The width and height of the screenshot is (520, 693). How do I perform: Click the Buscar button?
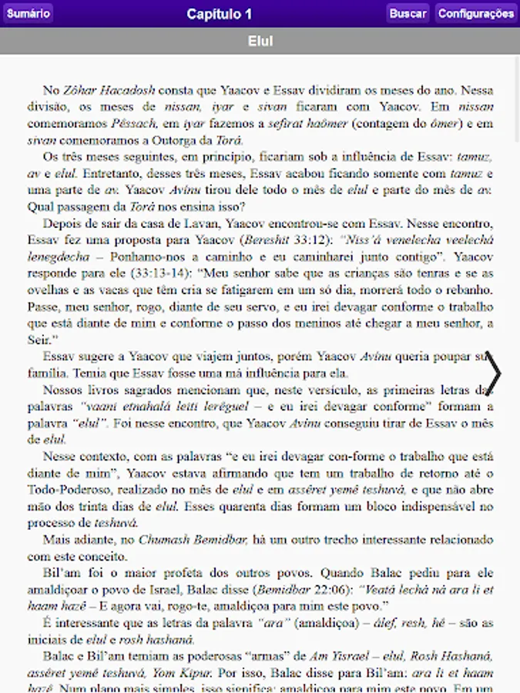pos(408,13)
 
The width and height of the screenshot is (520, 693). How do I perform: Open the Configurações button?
pos(475,13)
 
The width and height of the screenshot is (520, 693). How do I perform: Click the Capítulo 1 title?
pos(219,14)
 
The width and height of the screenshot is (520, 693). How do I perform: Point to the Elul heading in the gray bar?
pos(260,41)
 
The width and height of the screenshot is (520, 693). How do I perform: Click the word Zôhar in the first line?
pos(79,89)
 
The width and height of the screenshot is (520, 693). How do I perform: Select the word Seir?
pos(39,340)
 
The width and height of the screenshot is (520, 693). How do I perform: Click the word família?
pos(49,373)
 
